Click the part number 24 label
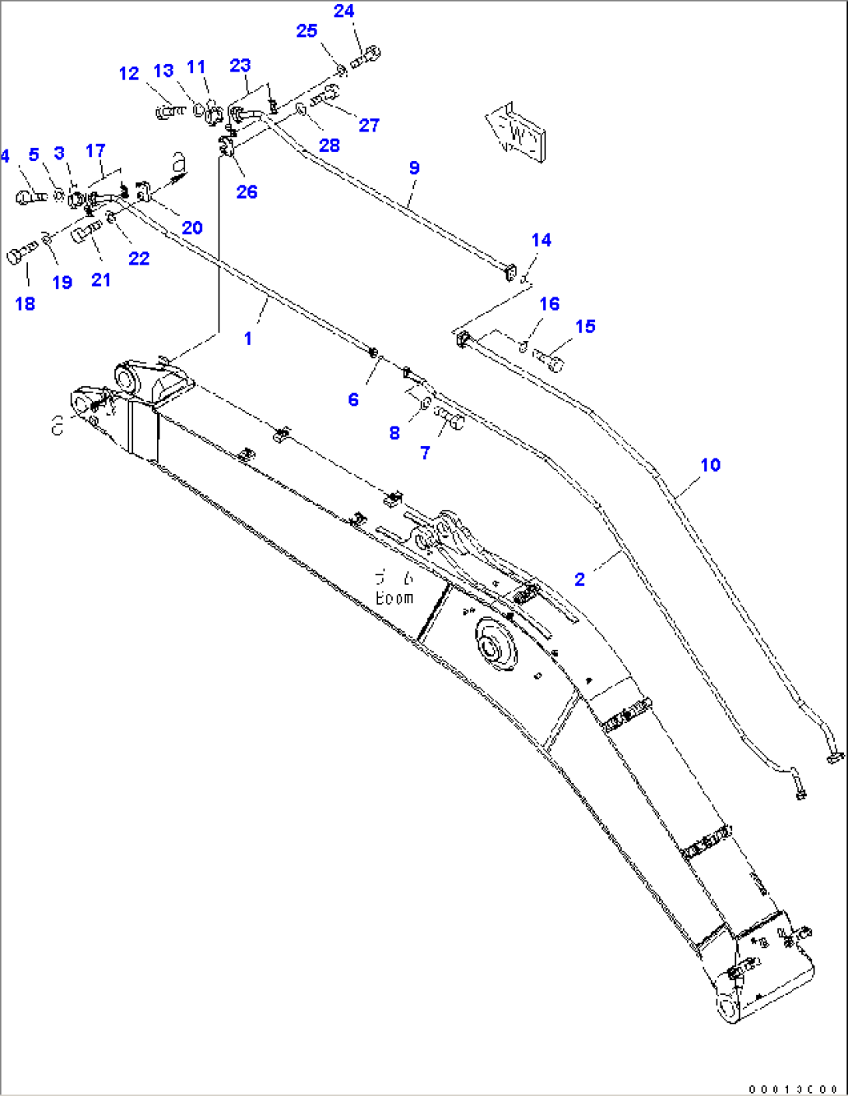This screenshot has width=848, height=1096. [x=344, y=11]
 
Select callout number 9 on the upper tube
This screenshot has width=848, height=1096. [x=414, y=167]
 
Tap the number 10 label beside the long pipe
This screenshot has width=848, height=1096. [x=710, y=465]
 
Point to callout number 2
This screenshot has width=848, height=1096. [x=580, y=579]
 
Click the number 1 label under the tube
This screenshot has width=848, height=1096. [x=248, y=339]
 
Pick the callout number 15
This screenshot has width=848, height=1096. [x=585, y=326]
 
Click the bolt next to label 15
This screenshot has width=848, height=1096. [x=548, y=360]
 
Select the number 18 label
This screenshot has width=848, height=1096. [x=25, y=304]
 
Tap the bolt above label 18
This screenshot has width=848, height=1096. [x=22, y=252]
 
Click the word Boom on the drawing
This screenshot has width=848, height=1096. [x=394, y=598]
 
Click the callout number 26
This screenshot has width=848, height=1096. [x=247, y=191]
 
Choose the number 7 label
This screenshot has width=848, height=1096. [x=425, y=452]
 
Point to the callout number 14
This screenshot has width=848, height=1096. [x=541, y=240]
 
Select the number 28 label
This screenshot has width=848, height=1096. [x=329, y=145]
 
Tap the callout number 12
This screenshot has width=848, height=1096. [x=128, y=73]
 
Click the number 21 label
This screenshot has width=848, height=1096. [x=101, y=279]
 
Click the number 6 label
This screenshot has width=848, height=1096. [x=353, y=399]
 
